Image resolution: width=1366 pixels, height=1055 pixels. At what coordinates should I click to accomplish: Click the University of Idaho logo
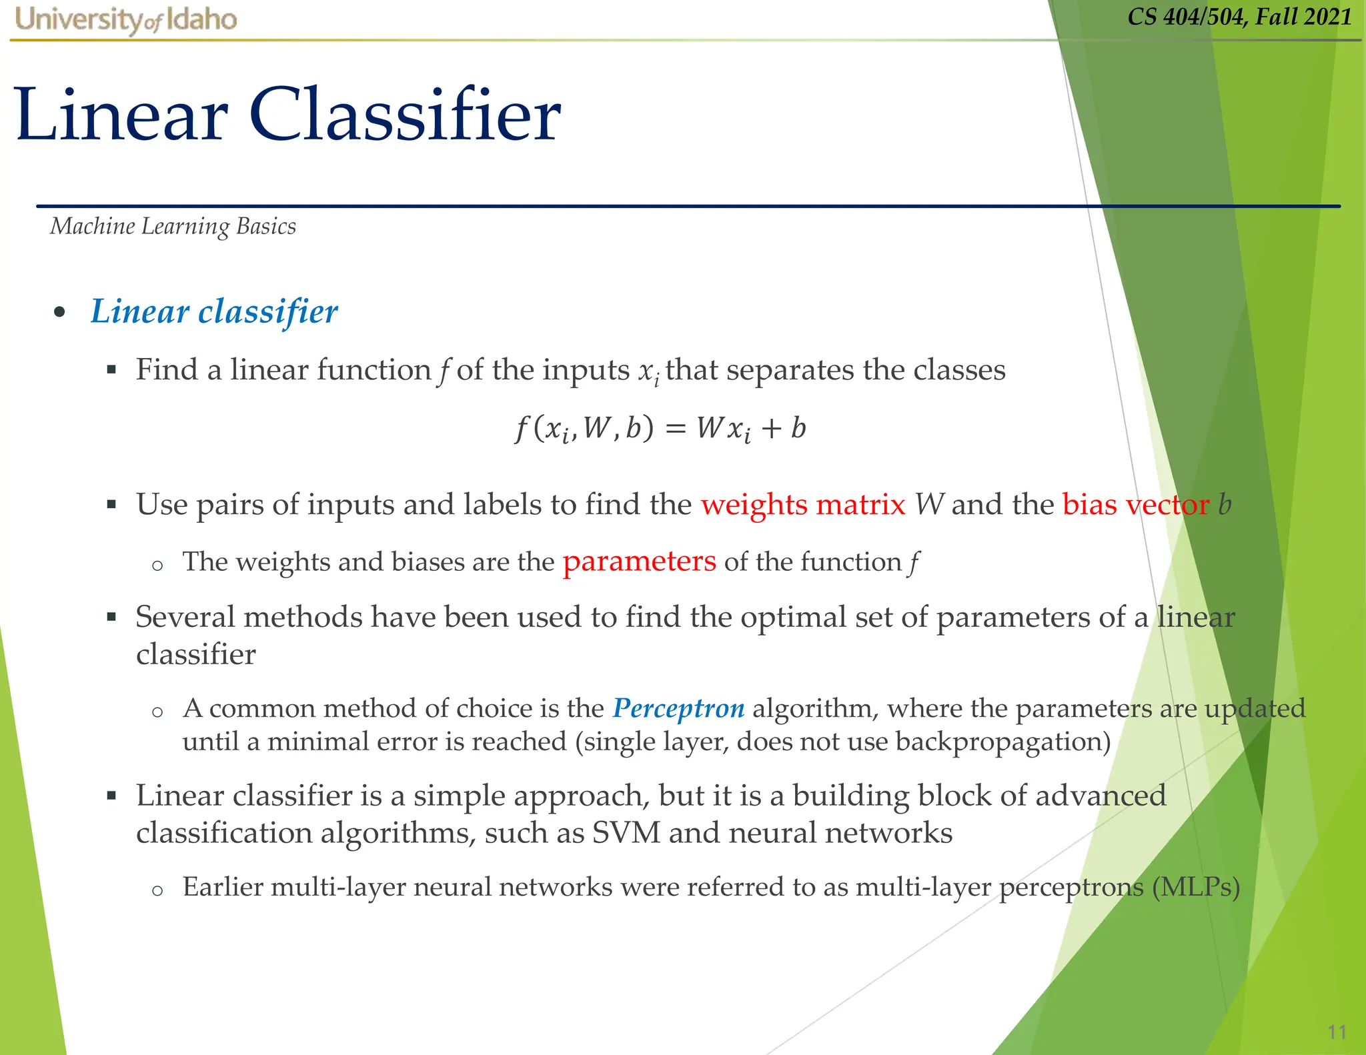[x=125, y=20]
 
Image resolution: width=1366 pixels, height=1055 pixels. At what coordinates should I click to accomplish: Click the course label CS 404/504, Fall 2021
[x=1239, y=17]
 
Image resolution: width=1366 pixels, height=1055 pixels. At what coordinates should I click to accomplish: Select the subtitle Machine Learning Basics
[x=173, y=227]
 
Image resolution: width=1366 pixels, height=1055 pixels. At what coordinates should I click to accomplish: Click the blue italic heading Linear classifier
[x=214, y=311]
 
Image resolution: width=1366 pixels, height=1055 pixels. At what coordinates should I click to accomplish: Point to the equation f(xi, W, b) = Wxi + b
[x=660, y=428]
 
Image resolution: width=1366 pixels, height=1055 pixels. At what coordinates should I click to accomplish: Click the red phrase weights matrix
[x=803, y=504]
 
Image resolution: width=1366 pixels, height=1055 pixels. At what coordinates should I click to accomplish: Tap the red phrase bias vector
[x=1135, y=504]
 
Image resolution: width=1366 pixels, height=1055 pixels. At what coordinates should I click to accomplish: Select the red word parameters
[x=639, y=562]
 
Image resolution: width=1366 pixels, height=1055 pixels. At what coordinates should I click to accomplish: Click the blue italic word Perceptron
[x=678, y=708]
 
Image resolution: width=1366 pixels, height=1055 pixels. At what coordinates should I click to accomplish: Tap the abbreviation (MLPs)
[x=1196, y=887]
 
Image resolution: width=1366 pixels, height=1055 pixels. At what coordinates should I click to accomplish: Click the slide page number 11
[x=1337, y=1032]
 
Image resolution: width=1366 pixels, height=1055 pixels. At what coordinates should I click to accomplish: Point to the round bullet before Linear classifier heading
[x=59, y=312]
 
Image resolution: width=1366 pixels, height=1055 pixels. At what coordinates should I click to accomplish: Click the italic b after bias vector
[x=1225, y=504]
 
